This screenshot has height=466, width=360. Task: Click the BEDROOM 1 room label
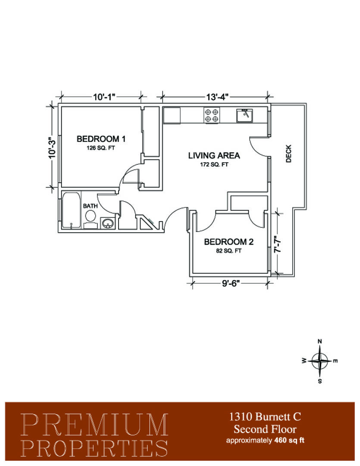[x=101, y=139]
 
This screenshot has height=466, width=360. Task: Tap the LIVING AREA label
[x=214, y=155]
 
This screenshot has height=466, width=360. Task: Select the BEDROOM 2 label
[x=229, y=242]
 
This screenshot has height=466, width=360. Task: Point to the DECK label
[x=288, y=154]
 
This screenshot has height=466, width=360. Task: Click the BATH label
[x=90, y=206]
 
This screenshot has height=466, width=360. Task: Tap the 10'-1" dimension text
[x=104, y=97]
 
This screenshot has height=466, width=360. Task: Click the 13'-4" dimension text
[x=217, y=97]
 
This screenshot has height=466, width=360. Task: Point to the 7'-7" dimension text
[x=278, y=245]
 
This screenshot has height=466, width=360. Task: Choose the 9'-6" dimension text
[x=231, y=283]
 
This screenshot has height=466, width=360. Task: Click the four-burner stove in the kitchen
[x=212, y=115]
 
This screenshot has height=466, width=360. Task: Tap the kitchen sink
[x=244, y=116]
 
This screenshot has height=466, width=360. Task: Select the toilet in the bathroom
[x=90, y=219]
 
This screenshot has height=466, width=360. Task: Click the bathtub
[x=71, y=211]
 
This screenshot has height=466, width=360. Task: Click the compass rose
[x=319, y=361]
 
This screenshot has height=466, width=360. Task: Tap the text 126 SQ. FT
[x=101, y=148]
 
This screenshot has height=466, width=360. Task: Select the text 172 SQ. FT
[x=214, y=164]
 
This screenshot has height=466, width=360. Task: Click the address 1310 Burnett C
[x=265, y=417]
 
